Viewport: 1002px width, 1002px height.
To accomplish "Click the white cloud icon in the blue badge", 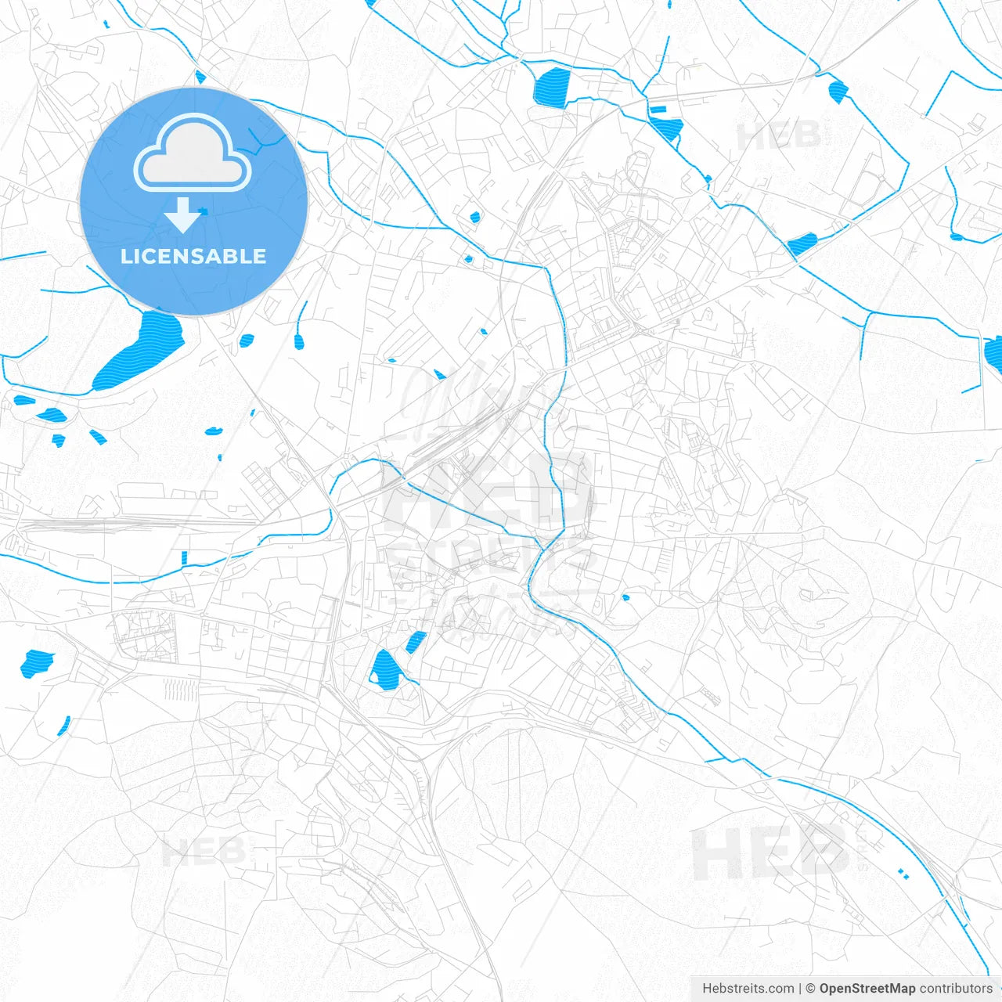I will pyautogui.click(x=193, y=154).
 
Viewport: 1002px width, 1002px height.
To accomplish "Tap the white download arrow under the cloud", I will pyautogui.click(x=183, y=215).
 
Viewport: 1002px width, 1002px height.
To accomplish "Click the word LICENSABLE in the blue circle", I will pyautogui.click(x=193, y=257).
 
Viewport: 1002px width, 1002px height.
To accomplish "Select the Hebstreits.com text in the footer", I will pyautogui.click(x=748, y=989).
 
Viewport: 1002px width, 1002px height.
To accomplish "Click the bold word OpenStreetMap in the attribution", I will pyautogui.click(x=867, y=989).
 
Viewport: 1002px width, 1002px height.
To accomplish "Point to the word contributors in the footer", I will pyautogui.click(x=956, y=989).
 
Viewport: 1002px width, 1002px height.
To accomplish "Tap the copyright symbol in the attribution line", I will pyautogui.click(x=811, y=989).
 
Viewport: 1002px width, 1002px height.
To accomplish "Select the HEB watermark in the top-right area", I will pyautogui.click(x=779, y=136).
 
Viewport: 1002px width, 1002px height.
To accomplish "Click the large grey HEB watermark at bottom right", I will pyautogui.click(x=771, y=853).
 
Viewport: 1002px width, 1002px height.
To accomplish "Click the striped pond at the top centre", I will pyautogui.click(x=552, y=87).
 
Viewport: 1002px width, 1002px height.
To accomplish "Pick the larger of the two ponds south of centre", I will pyautogui.click(x=384, y=669).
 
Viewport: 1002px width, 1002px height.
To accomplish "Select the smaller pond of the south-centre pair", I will pyautogui.click(x=416, y=642).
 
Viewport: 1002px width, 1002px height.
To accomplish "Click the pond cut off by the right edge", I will pyautogui.click(x=993, y=354).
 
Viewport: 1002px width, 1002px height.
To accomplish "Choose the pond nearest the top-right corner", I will pyautogui.click(x=838, y=92).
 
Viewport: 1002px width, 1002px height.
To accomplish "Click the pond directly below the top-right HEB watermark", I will pyautogui.click(x=802, y=243).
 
